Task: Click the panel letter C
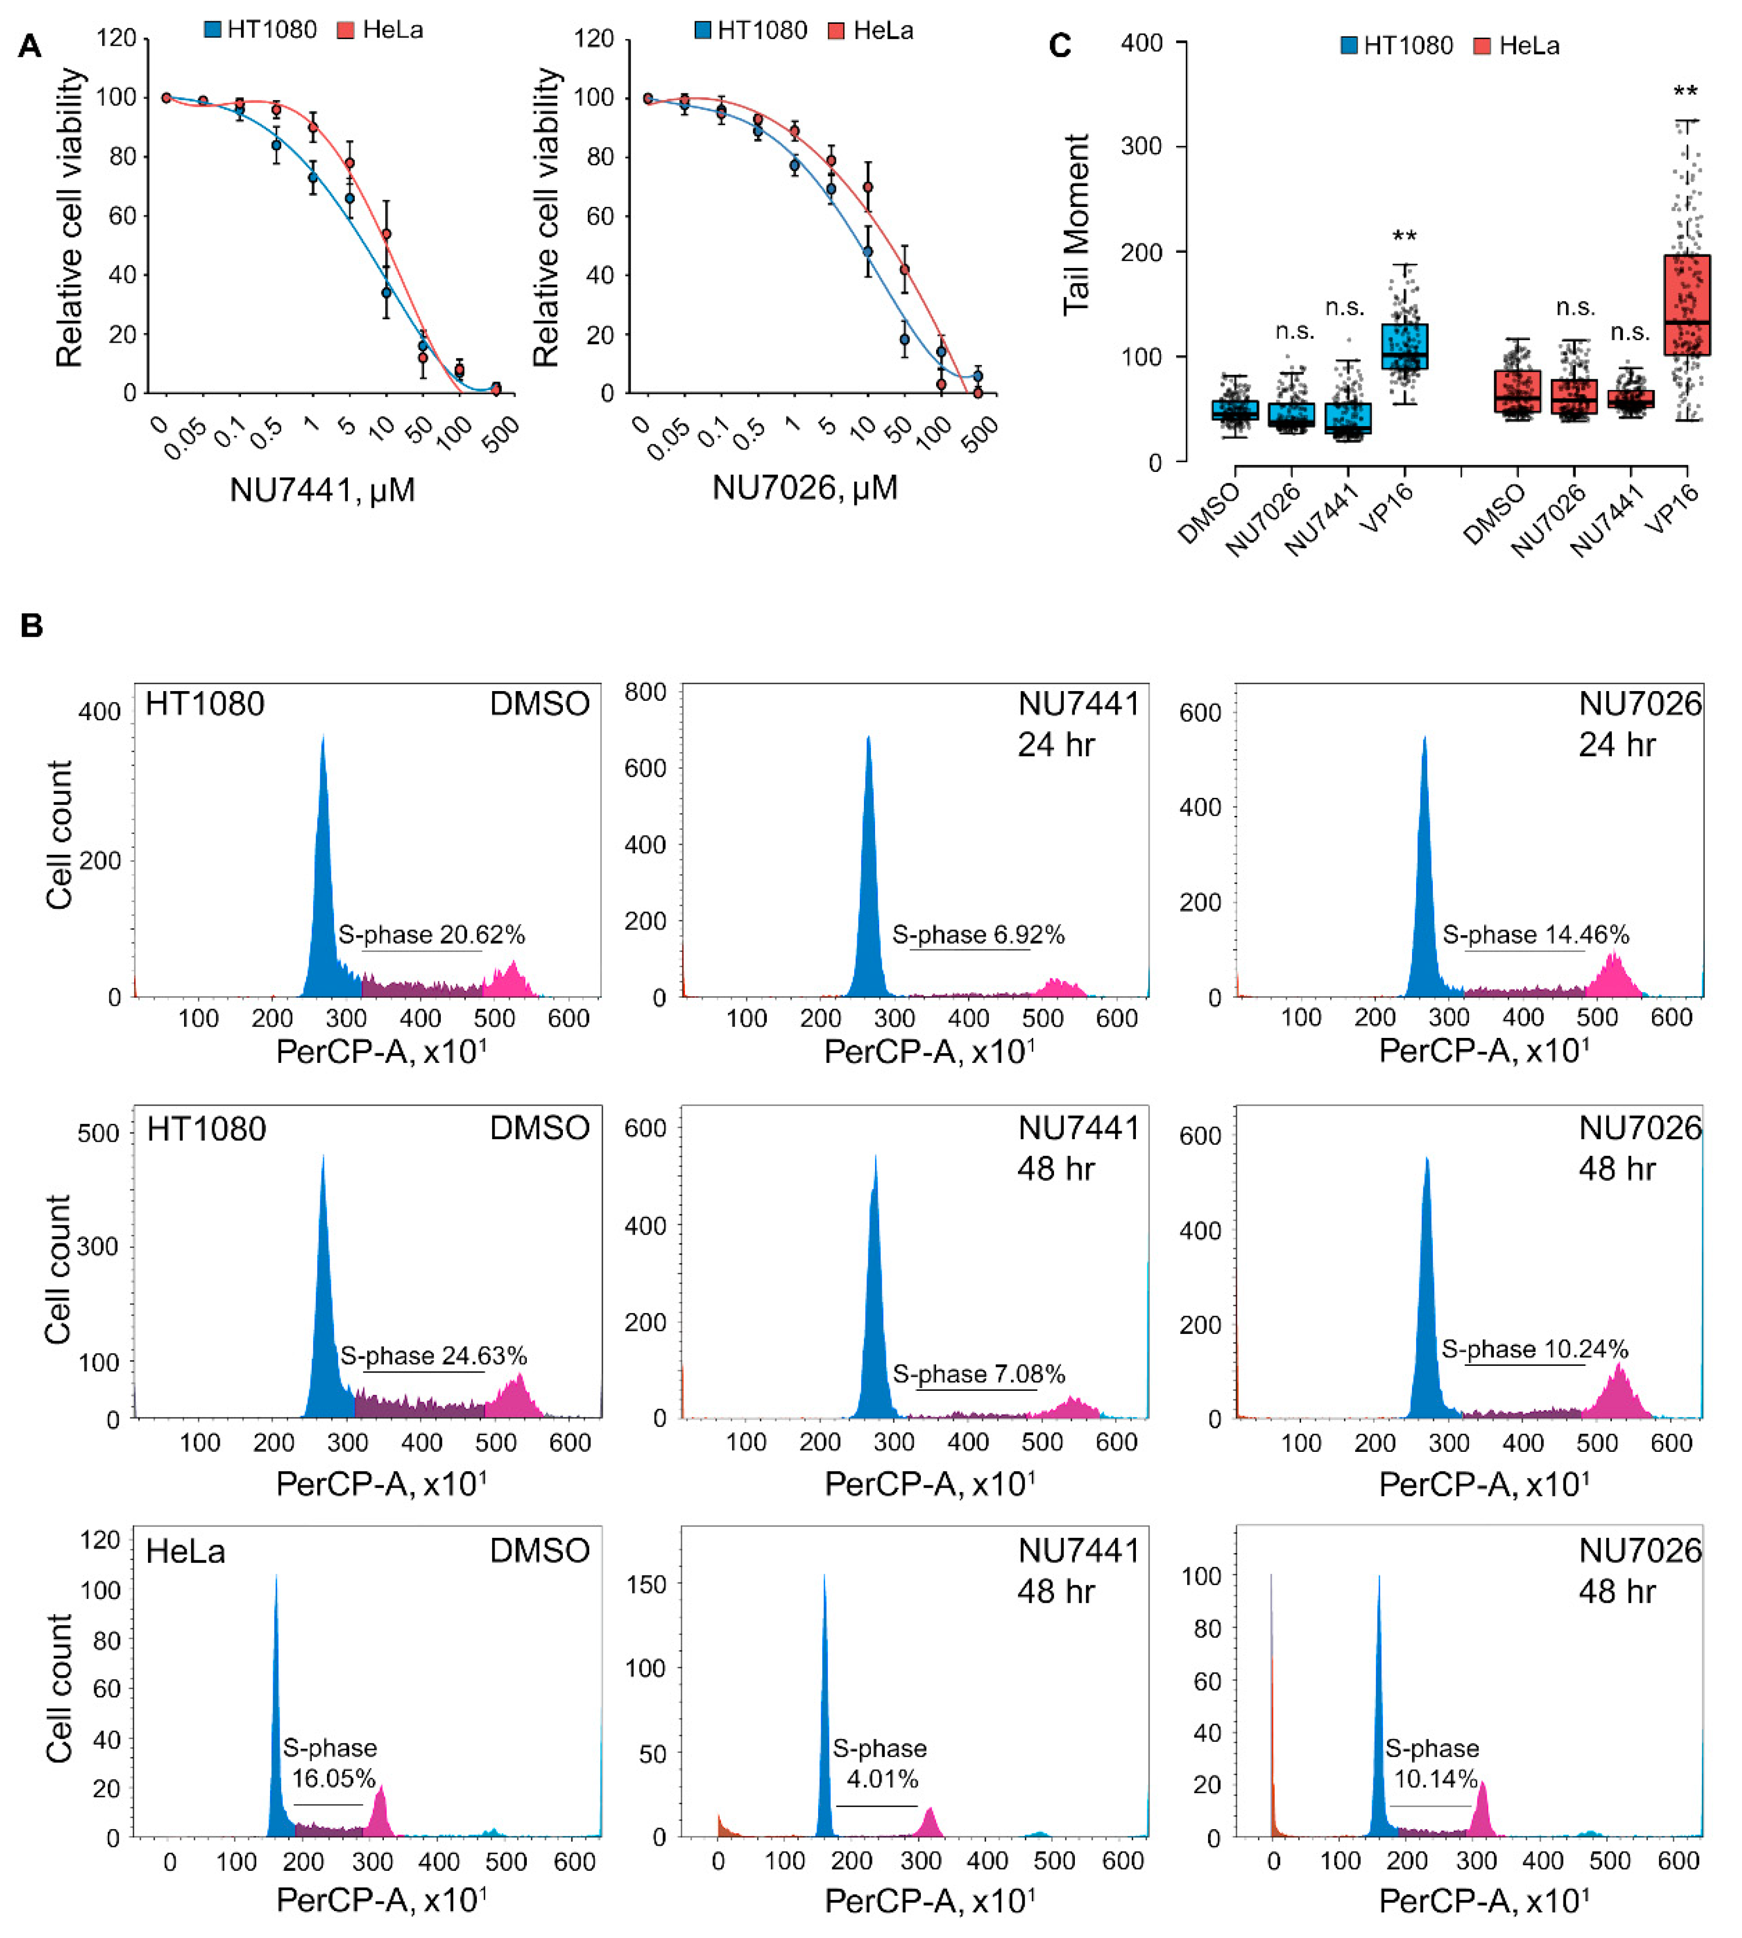click(x=1060, y=46)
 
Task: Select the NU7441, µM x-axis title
click(x=322, y=490)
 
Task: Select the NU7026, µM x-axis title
click(x=805, y=488)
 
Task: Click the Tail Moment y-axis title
click(x=1077, y=225)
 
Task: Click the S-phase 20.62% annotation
click(x=432, y=935)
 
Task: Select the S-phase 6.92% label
click(x=978, y=935)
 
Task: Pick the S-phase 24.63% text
click(x=434, y=1356)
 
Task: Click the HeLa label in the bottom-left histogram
click(x=186, y=1552)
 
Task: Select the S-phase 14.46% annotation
click(x=1535, y=935)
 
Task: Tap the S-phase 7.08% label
click(x=978, y=1375)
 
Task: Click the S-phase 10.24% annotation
click(x=1535, y=1350)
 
